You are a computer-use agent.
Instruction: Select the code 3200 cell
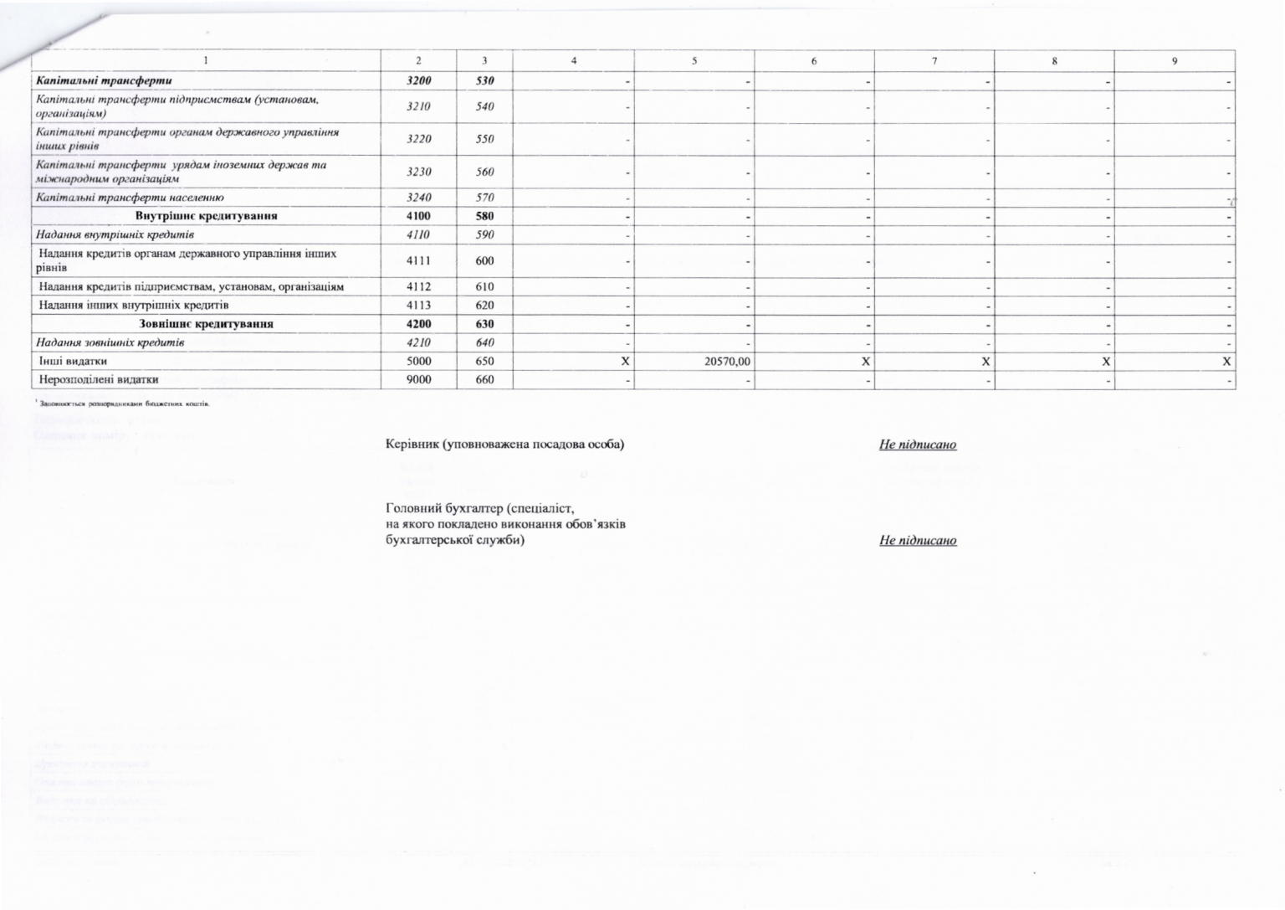coord(418,81)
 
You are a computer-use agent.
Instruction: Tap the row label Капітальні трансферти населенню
coord(130,198)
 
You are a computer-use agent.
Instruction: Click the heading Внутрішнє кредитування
coord(206,216)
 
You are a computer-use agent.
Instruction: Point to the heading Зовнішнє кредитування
coord(206,324)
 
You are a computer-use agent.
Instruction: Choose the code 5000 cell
coord(418,362)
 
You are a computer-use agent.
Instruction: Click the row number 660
coord(484,380)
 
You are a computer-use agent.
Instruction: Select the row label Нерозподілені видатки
coord(99,380)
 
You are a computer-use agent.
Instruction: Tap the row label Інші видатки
coord(73,362)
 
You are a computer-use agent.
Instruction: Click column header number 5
coord(694,60)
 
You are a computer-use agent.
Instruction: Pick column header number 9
coord(1175,60)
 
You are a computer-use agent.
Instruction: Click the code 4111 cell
coord(418,261)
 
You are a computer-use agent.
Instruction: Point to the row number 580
coord(484,216)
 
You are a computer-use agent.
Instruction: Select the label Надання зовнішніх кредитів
coord(110,342)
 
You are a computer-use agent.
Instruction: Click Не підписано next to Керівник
coord(917,445)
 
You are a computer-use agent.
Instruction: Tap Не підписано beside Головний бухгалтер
coord(917,541)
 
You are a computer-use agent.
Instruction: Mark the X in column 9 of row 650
coord(1226,362)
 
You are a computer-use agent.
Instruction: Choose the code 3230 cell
coord(418,172)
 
